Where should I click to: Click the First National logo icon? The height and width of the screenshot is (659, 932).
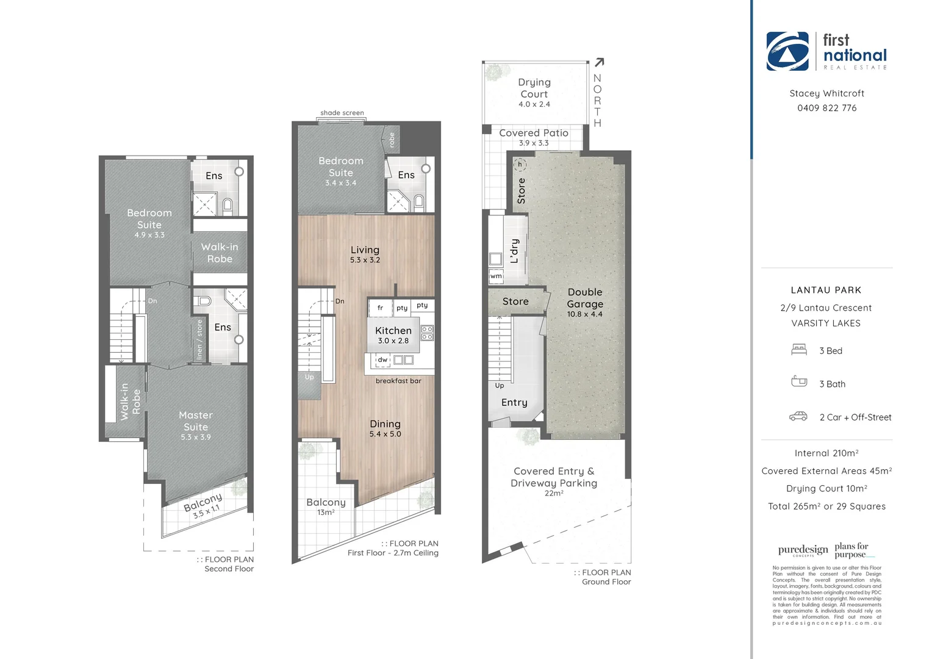[x=787, y=51]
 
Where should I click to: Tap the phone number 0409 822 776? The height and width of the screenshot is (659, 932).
[x=826, y=108]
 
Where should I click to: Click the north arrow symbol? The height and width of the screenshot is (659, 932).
[x=599, y=62]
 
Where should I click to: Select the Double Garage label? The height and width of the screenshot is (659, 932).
[x=584, y=298]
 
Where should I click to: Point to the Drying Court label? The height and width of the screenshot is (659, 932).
[x=534, y=88]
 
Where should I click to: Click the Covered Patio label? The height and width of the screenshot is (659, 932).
[x=534, y=133]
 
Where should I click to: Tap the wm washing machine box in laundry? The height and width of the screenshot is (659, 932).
[x=496, y=276]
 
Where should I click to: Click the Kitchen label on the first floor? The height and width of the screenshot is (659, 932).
[x=393, y=331]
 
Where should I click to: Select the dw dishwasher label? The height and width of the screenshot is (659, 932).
[x=382, y=360]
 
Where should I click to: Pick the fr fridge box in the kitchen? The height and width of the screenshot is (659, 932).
[x=380, y=308]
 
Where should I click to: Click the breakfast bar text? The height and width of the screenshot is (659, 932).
[x=398, y=381]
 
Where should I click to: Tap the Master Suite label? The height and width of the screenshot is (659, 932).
[x=196, y=421]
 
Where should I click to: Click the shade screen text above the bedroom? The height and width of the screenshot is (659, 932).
[x=342, y=113]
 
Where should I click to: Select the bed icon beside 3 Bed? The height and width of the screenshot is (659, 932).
[x=799, y=350]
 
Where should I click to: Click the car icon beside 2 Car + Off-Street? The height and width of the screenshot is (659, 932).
[x=798, y=417]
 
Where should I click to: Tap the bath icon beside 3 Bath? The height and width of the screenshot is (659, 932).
[x=799, y=381]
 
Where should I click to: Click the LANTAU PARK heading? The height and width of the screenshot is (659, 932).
[x=826, y=290]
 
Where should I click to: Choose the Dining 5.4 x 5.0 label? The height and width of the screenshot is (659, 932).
[x=385, y=428]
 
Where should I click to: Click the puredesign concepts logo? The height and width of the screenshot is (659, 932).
[x=803, y=550]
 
